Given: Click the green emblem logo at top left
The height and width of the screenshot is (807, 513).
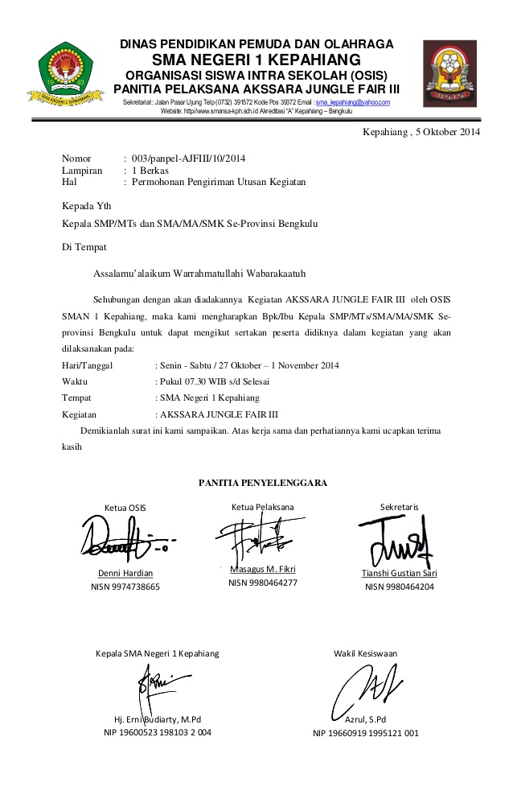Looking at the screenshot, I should coord(67,76).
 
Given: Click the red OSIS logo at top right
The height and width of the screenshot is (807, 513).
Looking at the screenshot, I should coord(449,74).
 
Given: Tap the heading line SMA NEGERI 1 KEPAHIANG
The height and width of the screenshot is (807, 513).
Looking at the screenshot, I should coord(256,60).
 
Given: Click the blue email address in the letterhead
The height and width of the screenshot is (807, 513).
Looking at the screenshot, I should coord(353,103).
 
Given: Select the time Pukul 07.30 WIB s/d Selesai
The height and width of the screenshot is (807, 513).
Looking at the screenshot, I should coord(215,381).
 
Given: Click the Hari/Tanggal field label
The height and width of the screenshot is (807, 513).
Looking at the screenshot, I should coord(87,364).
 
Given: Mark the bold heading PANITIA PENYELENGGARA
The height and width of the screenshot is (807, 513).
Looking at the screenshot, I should coord(262,483).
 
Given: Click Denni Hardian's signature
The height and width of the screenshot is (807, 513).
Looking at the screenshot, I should coord(125,539).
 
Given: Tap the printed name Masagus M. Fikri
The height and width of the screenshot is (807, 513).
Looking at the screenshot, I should coord(262,570).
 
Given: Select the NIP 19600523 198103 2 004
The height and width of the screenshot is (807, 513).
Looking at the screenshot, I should coord(158,733).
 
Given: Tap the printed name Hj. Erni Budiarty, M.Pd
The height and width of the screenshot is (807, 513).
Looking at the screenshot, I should coord(158,718).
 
